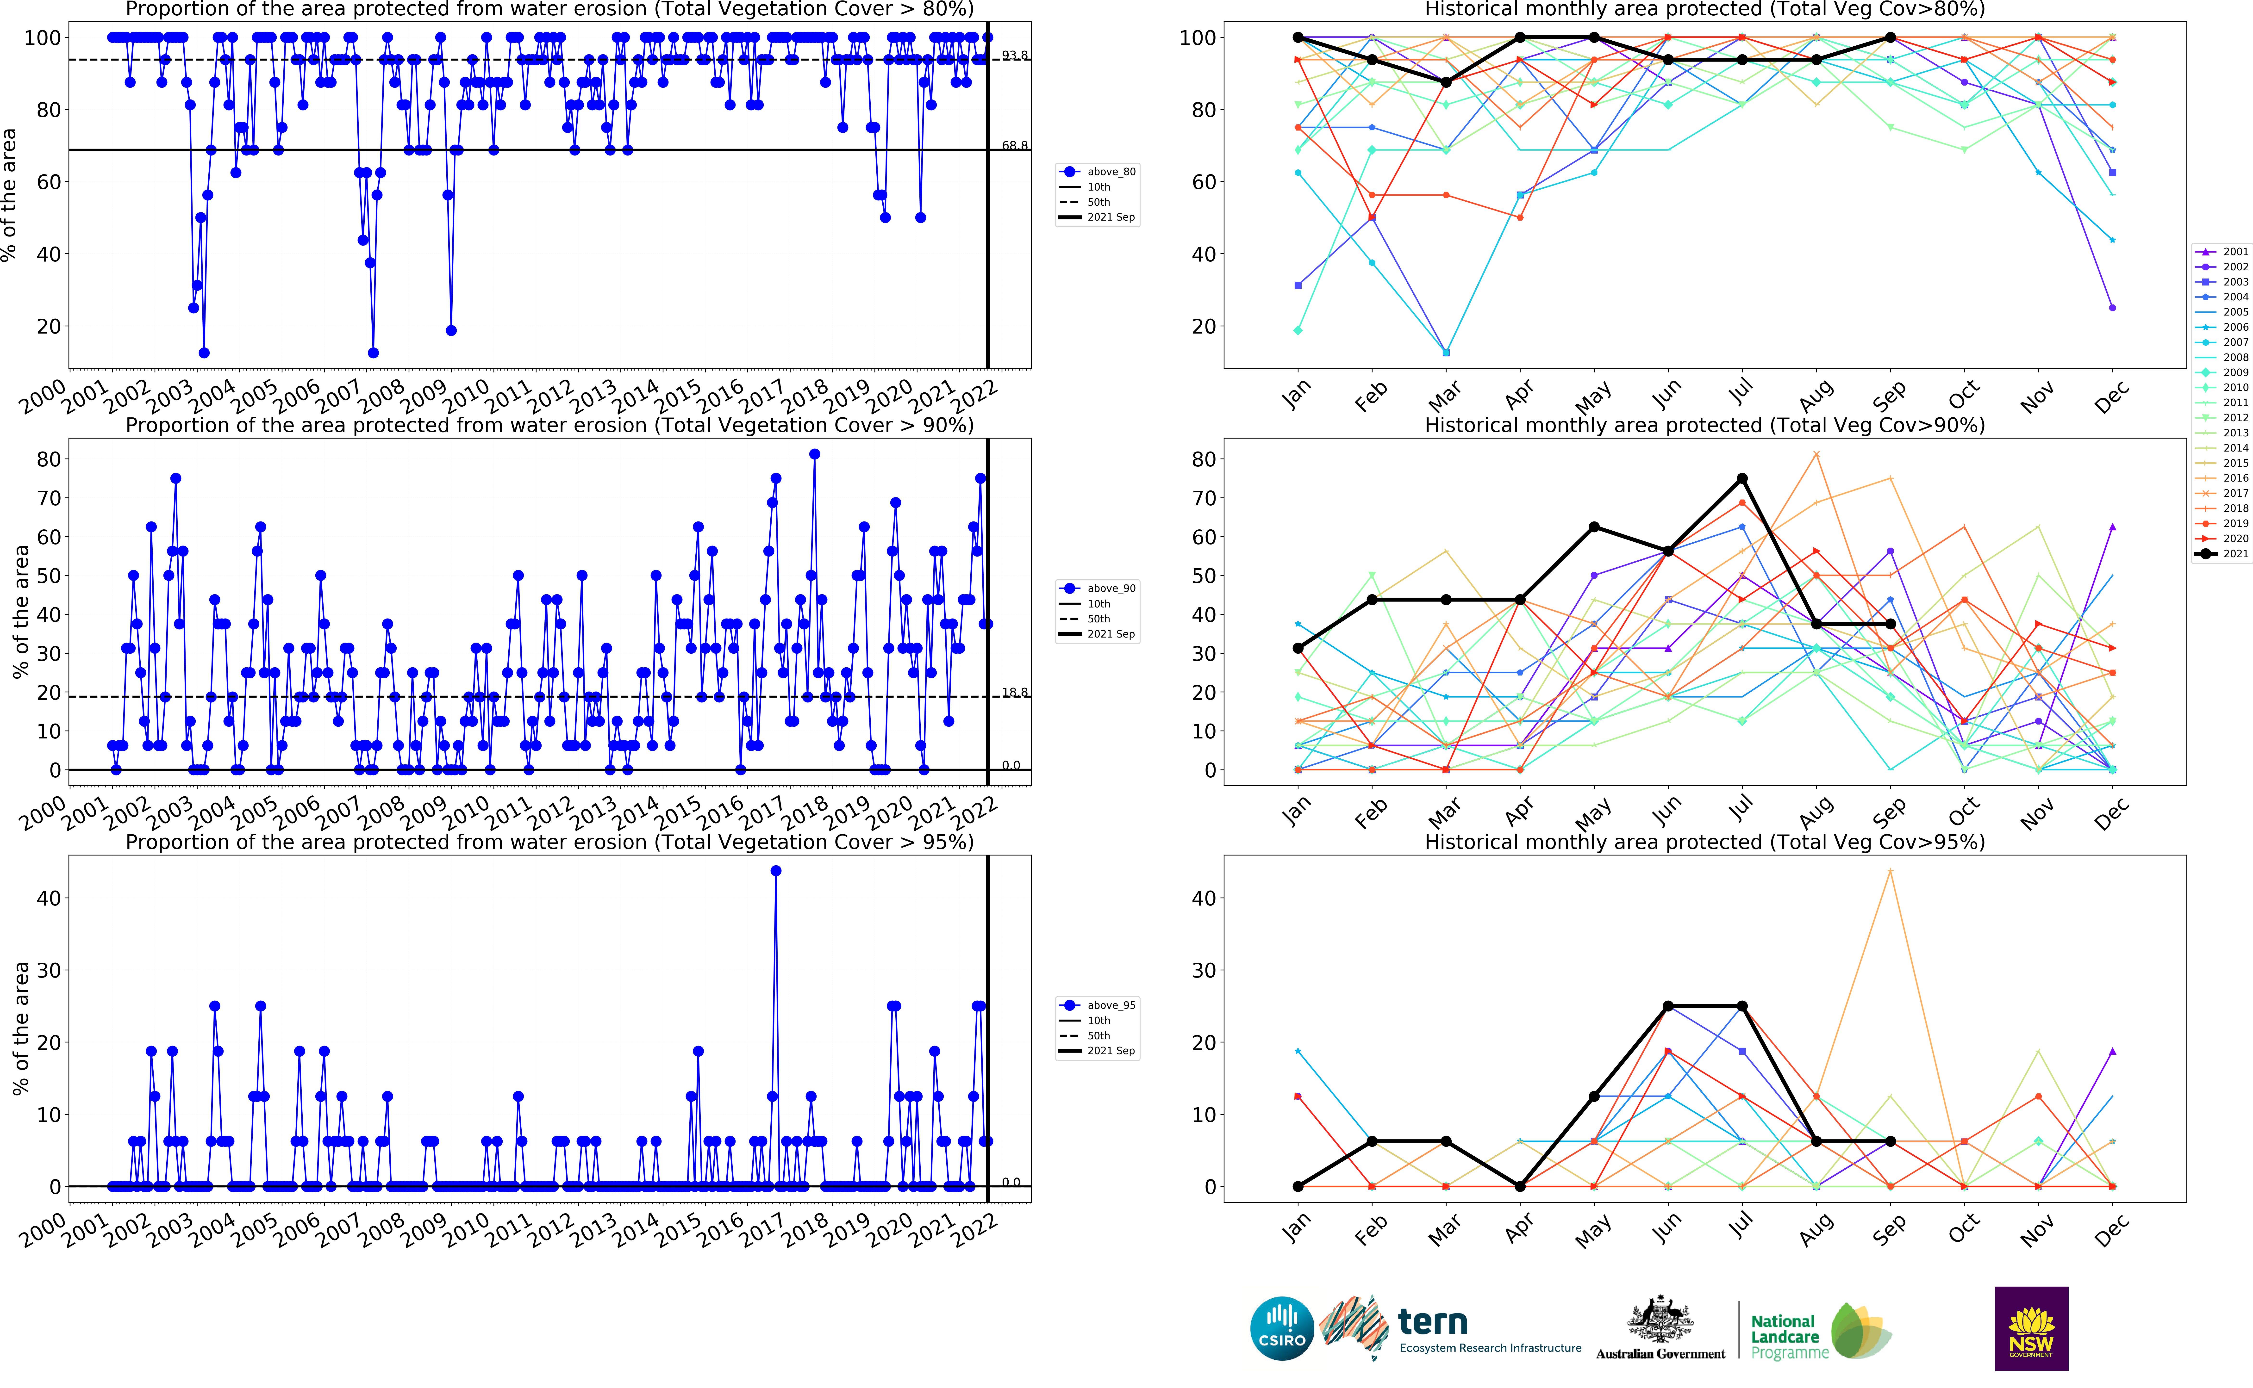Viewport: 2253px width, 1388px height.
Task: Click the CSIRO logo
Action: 1282,1328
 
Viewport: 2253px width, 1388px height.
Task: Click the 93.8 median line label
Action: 1015,56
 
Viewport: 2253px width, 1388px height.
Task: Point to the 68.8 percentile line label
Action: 1015,146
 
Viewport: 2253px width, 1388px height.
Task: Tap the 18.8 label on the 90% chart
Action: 1015,693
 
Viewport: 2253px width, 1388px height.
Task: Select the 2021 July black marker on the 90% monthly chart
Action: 1742,478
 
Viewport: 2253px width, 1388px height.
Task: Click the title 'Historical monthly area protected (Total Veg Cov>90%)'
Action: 1704,425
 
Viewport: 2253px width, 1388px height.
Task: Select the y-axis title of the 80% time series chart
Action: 9,195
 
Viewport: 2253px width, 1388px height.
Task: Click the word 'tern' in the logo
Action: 1432,1323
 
